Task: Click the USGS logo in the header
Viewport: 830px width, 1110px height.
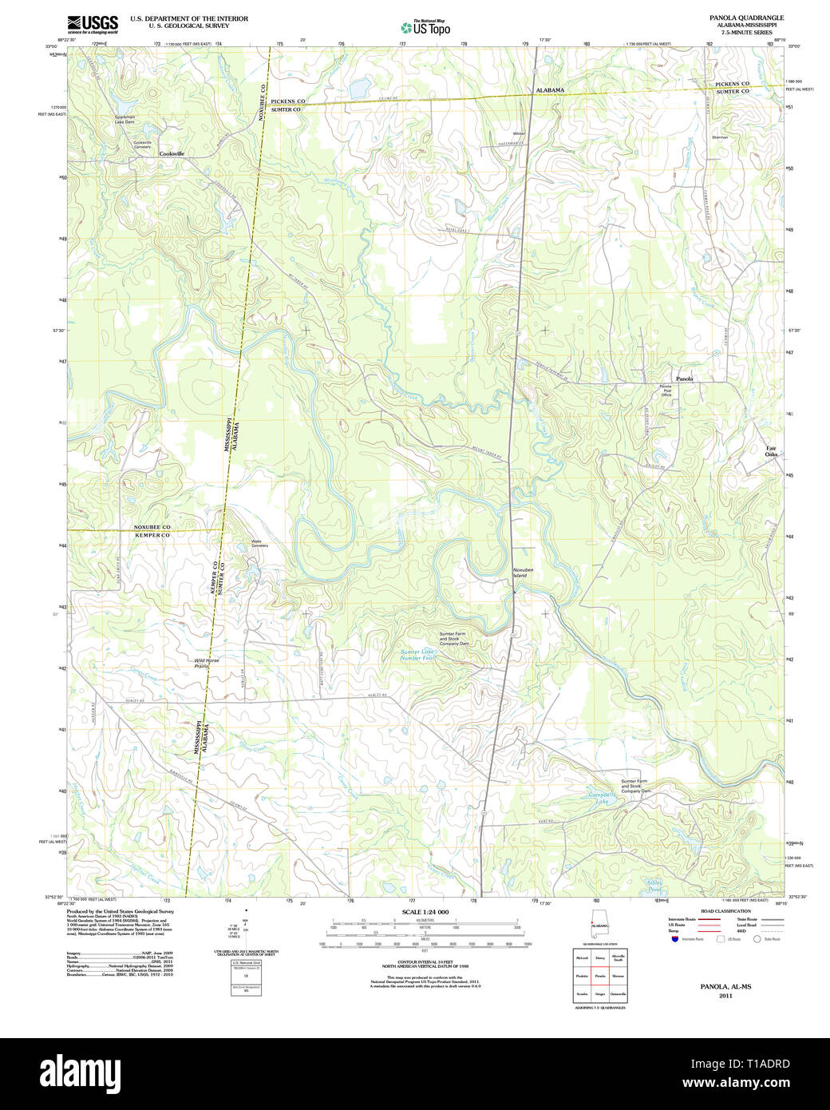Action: coord(93,24)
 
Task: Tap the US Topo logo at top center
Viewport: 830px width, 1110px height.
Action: coord(425,28)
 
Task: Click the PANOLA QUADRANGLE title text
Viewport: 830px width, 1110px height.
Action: coord(746,18)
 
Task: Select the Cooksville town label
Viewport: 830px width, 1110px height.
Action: coord(172,153)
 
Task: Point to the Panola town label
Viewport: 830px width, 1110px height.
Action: coord(684,379)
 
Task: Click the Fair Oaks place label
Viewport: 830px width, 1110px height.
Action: coord(771,451)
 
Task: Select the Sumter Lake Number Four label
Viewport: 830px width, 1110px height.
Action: coord(417,655)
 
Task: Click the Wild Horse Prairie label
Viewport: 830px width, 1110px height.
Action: coord(206,663)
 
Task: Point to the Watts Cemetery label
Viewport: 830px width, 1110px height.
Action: coord(259,543)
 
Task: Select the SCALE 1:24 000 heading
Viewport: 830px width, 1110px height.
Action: coord(425,912)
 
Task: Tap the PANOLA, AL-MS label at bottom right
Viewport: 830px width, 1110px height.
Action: coord(725,986)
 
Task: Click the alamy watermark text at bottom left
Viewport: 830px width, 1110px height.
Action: coord(86,1071)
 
